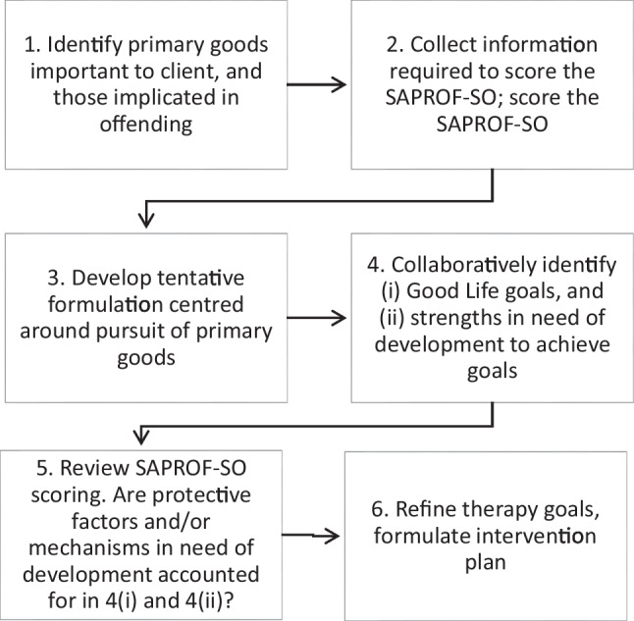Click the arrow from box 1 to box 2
317,84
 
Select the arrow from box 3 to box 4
317,318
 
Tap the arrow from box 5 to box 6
310,536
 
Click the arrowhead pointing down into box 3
146,220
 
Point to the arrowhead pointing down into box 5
141,437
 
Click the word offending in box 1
146,124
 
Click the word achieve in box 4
573,345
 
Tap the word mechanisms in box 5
101,548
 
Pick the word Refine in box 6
426,509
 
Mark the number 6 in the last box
379,509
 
